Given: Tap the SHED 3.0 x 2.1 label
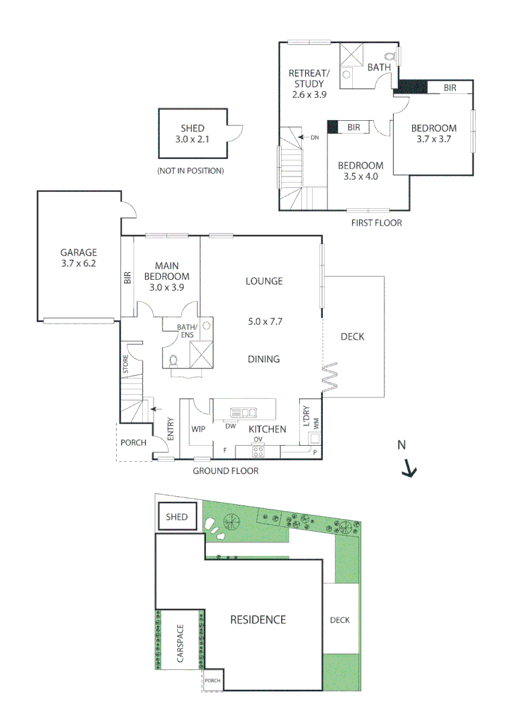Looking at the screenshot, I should [192, 134].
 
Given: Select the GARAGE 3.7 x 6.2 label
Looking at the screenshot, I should [79, 258].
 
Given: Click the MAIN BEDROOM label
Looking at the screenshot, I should [166, 276].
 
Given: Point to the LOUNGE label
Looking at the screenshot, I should [264, 281].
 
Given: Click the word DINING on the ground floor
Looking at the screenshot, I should [264, 359].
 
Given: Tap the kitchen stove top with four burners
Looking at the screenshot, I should [258, 451].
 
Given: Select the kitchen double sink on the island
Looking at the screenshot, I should [243, 413].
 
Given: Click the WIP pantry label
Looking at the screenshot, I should [198, 428].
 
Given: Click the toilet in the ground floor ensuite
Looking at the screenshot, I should [174, 360].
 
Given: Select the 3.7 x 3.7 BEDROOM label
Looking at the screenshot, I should [433, 134].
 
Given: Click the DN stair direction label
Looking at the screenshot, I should [315, 138].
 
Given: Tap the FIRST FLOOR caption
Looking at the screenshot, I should [376, 222].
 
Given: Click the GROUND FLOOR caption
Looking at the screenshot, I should [225, 471].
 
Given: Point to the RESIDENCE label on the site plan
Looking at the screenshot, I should [258, 620].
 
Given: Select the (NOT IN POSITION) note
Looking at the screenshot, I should [190, 171].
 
